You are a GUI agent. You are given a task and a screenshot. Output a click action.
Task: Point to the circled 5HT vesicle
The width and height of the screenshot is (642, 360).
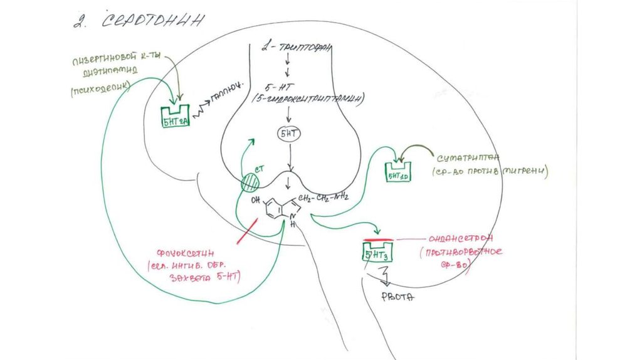[288, 134]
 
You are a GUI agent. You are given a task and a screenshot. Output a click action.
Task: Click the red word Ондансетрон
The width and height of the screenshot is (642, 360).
[461, 238]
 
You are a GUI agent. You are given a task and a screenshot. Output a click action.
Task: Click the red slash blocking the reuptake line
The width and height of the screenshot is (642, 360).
[247, 231]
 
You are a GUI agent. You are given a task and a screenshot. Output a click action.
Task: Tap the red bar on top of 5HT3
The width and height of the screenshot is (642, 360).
[378, 240]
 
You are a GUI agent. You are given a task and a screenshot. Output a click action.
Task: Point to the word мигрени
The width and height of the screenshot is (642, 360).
[528, 171]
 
